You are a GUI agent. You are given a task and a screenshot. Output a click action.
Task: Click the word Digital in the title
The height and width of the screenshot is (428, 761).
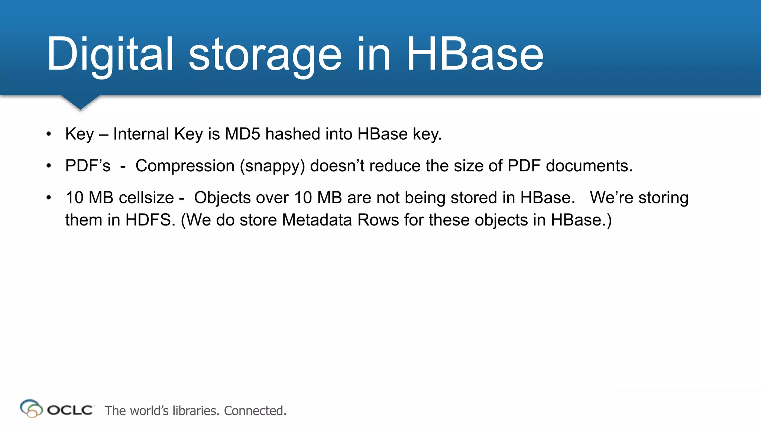[x=110, y=54]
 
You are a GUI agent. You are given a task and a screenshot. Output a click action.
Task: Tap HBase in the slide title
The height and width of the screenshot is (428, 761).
[x=475, y=54]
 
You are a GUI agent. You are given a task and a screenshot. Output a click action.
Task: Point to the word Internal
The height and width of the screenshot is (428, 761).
[x=141, y=134]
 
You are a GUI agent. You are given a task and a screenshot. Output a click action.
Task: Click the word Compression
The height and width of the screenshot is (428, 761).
[x=185, y=166]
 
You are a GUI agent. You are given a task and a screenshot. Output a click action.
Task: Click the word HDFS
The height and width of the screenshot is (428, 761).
[x=150, y=220]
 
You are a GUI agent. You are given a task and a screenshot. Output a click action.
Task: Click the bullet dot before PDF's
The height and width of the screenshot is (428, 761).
[x=49, y=166]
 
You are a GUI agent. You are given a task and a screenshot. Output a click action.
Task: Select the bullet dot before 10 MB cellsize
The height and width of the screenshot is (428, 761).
[x=49, y=198]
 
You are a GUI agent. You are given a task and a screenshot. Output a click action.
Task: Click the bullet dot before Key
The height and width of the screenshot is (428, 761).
[x=49, y=134]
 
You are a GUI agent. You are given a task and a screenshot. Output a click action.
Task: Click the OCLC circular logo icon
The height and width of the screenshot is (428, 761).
[x=31, y=409]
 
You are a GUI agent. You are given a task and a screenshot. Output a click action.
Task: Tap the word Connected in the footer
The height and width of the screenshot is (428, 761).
[x=255, y=411]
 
